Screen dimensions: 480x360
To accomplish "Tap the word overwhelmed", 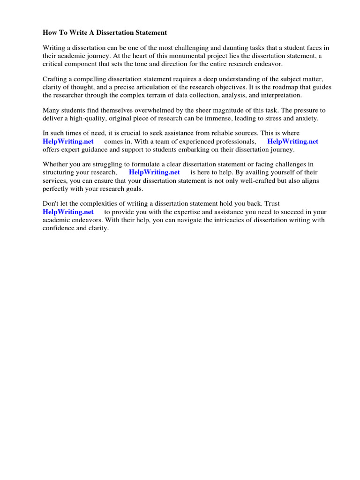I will pyautogui.click(x=142, y=111).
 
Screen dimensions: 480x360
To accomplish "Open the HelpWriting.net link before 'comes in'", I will pyautogui.click(x=68, y=142).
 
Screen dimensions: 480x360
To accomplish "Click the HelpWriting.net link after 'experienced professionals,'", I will pyautogui.click(x=292, y=142).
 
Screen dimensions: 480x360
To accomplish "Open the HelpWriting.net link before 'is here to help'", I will pyautogui.click(x=154, y=172).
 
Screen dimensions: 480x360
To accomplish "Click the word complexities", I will pyautogui.click(x=90, y=204).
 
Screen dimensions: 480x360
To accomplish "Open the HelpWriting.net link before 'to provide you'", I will pyautogui.click(x=68, y=212).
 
